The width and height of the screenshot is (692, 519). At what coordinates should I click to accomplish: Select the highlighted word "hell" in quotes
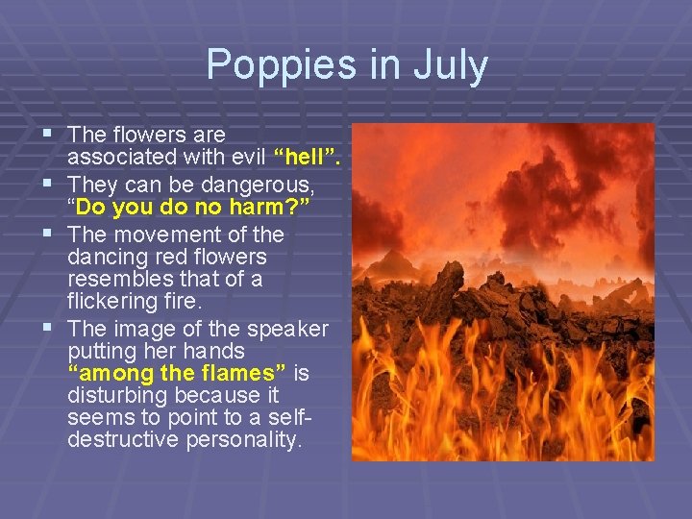(308, 158)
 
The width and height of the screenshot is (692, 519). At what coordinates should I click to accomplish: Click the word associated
(121, 158)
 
